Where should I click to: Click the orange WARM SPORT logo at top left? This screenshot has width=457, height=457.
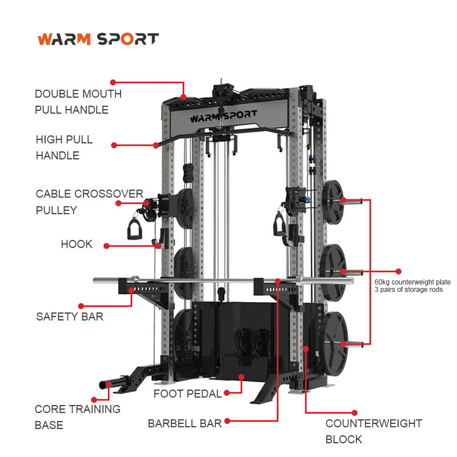click(x=98, y=39)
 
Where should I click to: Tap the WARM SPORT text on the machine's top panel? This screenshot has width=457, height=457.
click(x=223, y=117)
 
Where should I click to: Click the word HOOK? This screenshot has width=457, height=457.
click(x=77, y=244)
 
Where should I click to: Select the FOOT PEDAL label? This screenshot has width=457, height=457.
click(x=187, y=394)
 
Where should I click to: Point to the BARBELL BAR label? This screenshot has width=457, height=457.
click(x=185, y=423)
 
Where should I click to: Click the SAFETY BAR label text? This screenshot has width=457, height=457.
click(x=70, y=316)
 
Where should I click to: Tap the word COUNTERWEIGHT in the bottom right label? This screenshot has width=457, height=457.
click(x=374, y=423)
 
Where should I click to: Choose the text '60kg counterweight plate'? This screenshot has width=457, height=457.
click(x=412, y=282)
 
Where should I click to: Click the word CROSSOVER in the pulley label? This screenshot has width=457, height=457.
click(x=109, y=194)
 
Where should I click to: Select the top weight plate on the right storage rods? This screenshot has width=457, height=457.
click(x=332, y=202)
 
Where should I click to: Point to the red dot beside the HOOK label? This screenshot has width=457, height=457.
click(x=106, y=246)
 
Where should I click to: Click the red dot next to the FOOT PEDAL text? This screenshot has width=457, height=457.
click(x=226, y=393)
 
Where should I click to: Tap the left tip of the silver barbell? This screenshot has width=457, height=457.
click(x=94, y=280)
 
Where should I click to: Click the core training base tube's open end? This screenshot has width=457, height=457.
click(x=102, y=385)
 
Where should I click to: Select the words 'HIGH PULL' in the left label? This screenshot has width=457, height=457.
click(x=64, y=139)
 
